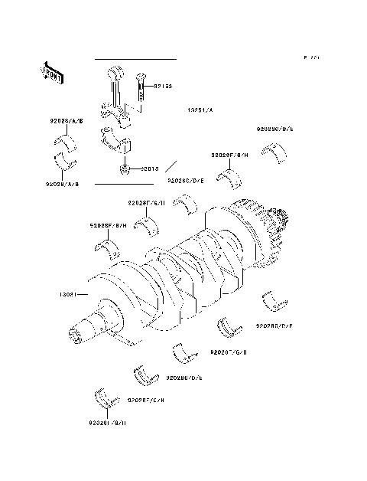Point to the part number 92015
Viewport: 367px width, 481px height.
(x=148, y=169)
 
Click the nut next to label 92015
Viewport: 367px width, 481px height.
(x=123, y=168)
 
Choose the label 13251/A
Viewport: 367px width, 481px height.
(x=201, y=112)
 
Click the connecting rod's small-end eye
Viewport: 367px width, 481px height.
(x=118, y=74)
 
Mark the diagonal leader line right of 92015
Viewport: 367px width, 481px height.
(x=172, y=166)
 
